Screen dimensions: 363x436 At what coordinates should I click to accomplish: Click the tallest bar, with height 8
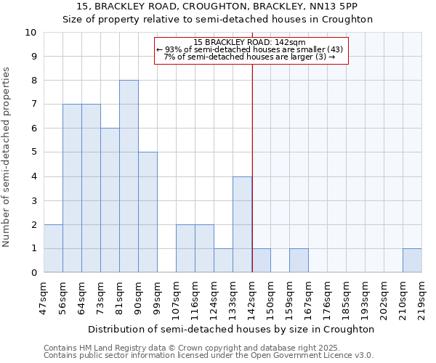click(129, 176)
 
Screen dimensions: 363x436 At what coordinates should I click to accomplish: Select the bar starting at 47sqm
click(53, 248)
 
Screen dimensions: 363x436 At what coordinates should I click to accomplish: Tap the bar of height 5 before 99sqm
click(148, 212)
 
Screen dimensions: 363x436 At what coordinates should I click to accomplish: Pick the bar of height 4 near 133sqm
click(242, 224)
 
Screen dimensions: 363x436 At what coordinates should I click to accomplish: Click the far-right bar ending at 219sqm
click(412, 260)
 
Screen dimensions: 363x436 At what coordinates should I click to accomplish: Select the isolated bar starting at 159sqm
click(299, 260)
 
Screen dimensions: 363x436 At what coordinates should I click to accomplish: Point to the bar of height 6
click(110, 200)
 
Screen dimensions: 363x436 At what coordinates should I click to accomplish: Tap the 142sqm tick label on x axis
click(252, 298)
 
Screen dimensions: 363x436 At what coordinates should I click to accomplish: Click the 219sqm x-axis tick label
click(422, 298)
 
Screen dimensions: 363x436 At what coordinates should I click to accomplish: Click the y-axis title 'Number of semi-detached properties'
click(7, 157)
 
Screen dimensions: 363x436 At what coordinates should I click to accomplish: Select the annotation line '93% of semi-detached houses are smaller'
click(250, 49)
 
